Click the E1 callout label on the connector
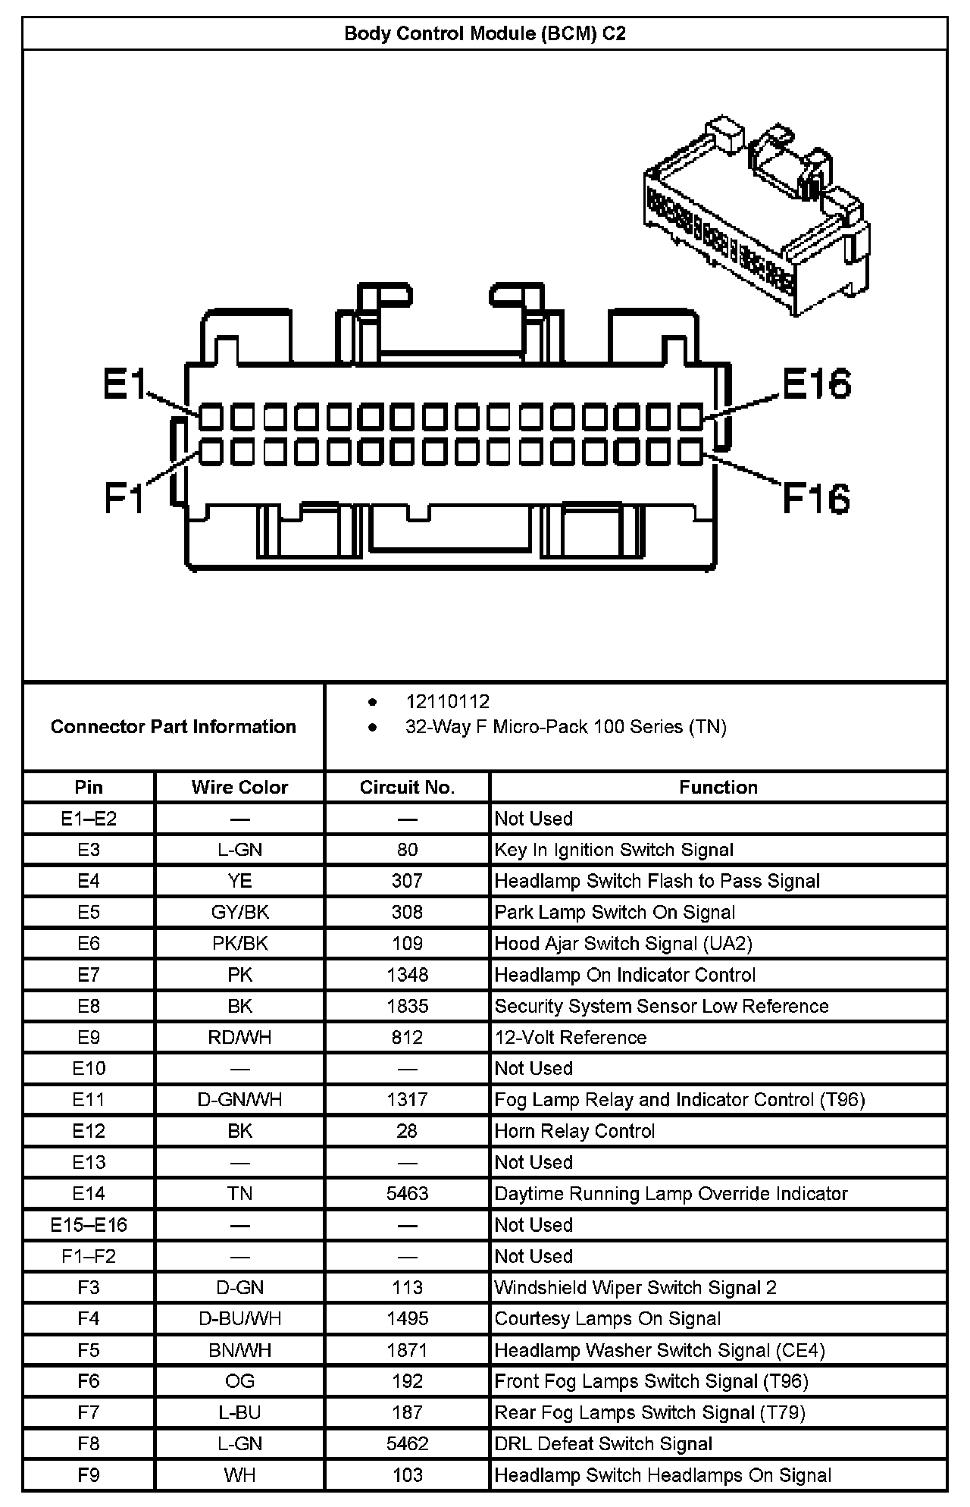pyautogui.click(x=125, y=384)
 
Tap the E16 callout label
pyautogui.click(x=816, y=384)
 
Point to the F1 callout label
pyautogui.click(x=124, y=497)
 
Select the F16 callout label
pyautogui.click(x=815, y=499)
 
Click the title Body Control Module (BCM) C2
pyautogui.click(x=485, y=34)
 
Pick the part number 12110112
pyautogui.click(x=447, y=702)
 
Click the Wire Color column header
pyautogui.click(x=239, y=787)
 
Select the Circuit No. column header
pyautogui.click(x=407, y=787)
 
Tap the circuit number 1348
pyautogui.click(x=407, y=975)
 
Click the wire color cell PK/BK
pyautogui.click(x=239, y=944)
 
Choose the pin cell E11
pyautogui.click(x=89, y=1100)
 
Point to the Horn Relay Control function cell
pyautogui.click(x=574, y=1131)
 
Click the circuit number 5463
pyautogui.click(x=407, y=1194)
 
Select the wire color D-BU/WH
pyautogui.click(x=239, y=1319)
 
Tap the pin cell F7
pyautogui.click(x=89, y=1413)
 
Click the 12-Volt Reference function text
pyautogui.click(x=571, y=1038)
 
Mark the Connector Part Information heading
pyautogui.click(x=174, y=727)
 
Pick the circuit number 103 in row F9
pyautogui.click(x=407, y=1475)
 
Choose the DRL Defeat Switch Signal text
pyautogui.click(x=603, y=1444)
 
